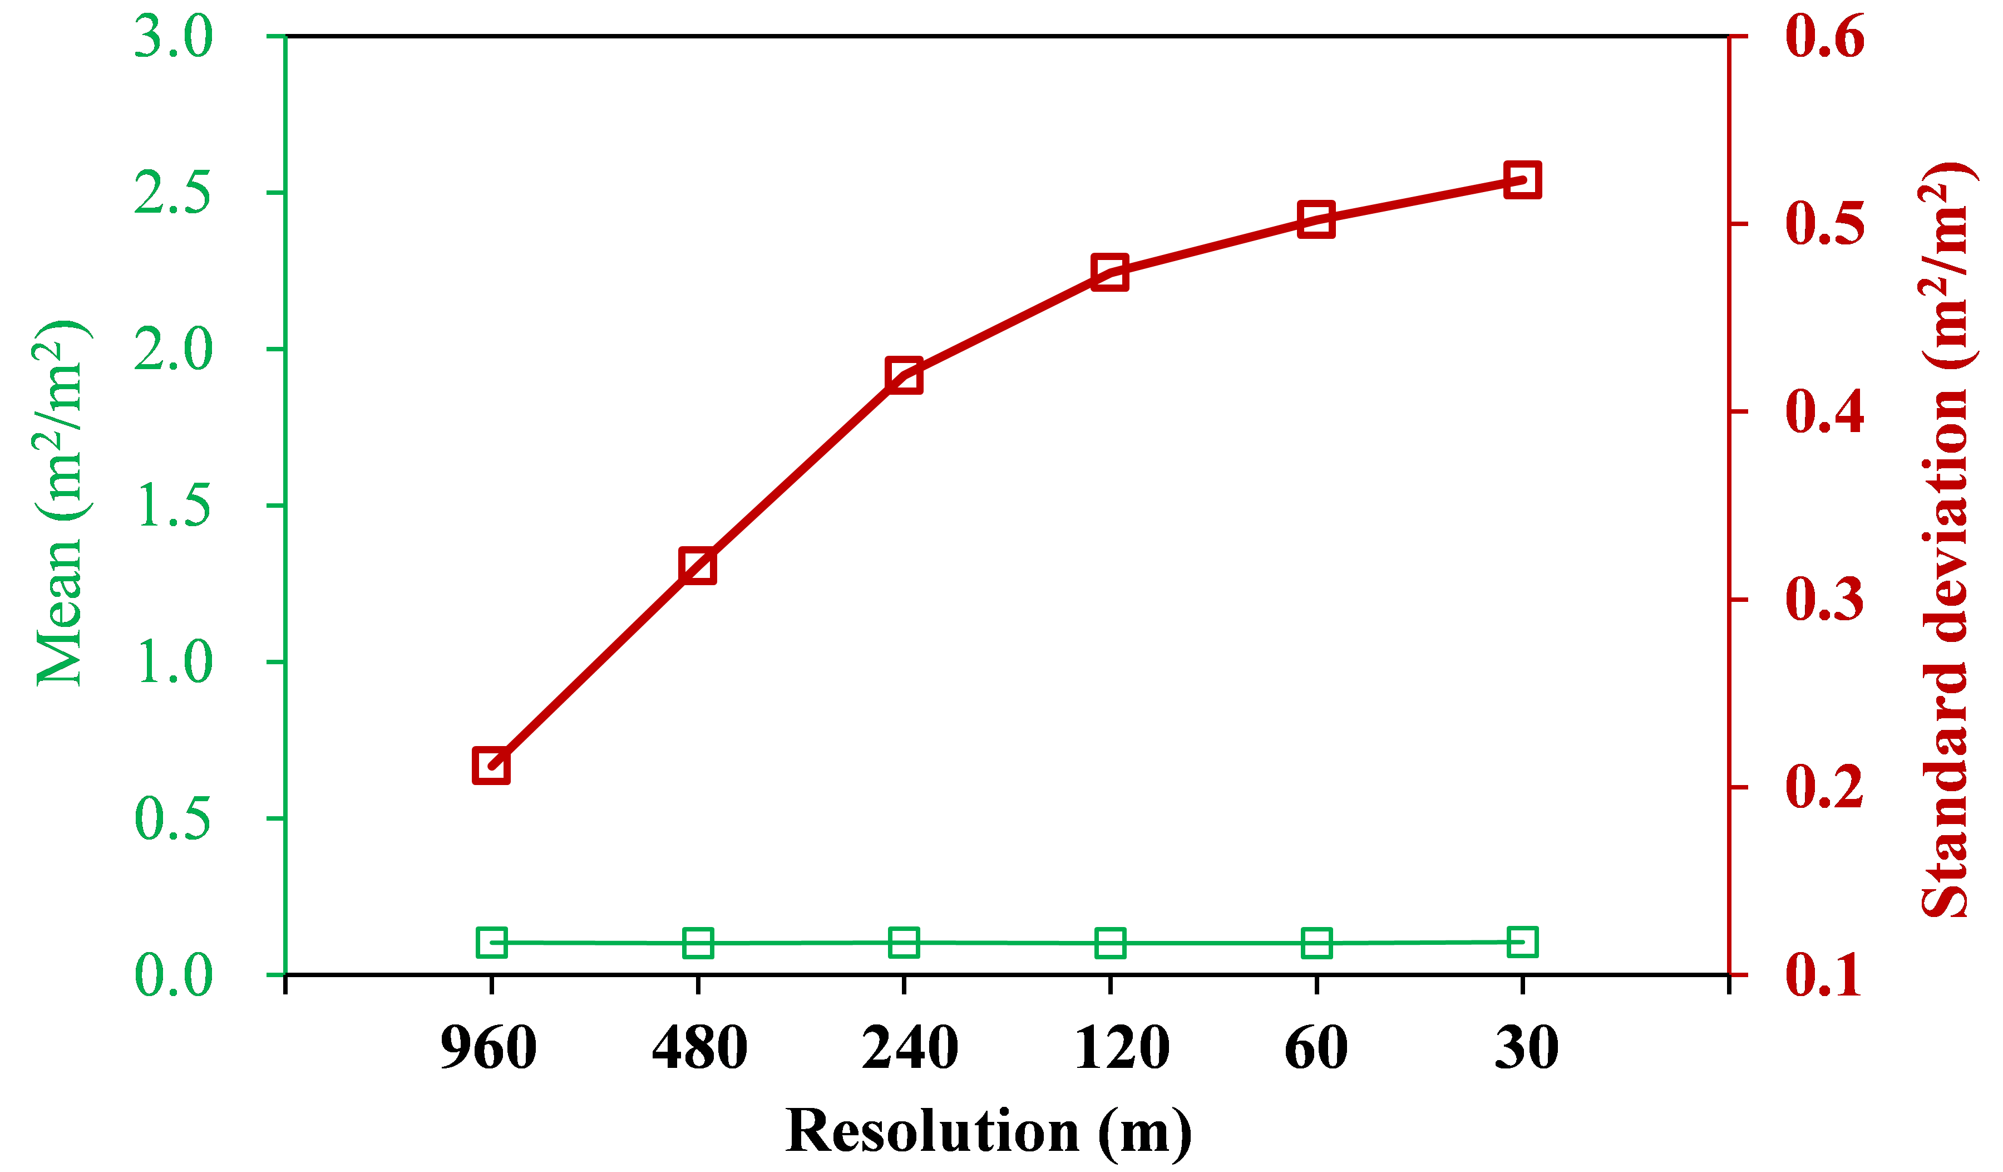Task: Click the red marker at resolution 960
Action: coord(491,766)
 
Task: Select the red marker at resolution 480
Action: coord(698,566)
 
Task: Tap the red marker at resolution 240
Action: coord(904,375)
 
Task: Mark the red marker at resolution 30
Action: coord(1522,180)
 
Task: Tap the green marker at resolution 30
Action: coord(1522,941)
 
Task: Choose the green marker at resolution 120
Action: coord(1109,943)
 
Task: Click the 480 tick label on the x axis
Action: coord(699,1048)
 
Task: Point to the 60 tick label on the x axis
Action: coord(1316,1048)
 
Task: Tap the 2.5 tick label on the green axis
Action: coord(173,193)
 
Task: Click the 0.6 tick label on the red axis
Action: coord(1824,37)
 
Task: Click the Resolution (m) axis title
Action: coord(988,1131)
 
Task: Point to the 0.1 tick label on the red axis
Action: coord(1824,975)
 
